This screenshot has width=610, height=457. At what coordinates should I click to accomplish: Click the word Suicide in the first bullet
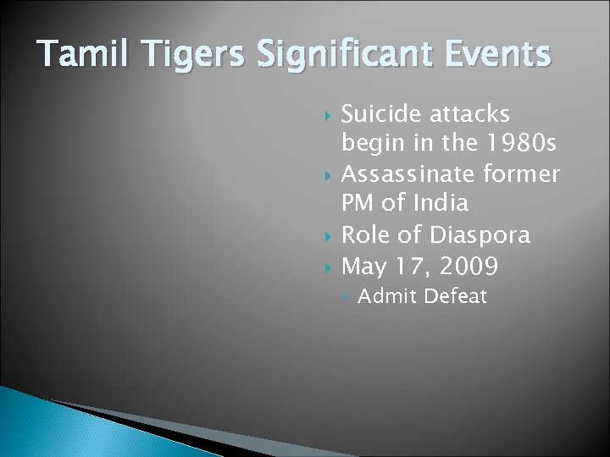(382, 113)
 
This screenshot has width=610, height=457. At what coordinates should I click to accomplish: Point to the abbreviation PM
(358, 203)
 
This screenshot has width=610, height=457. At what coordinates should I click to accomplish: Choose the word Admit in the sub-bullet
(388, 296)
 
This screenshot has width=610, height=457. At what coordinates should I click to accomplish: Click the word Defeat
(457, 296)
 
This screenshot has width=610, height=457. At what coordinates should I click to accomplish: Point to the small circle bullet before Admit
(347, 297)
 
